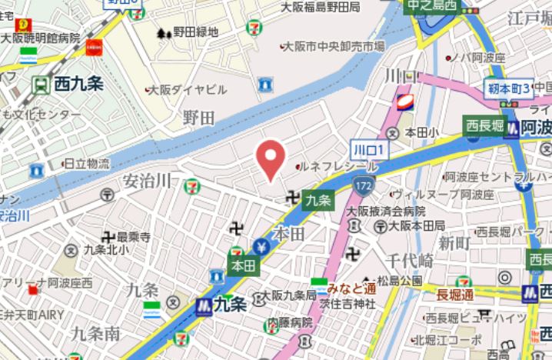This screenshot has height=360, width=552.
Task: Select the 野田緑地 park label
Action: tap(194, 32)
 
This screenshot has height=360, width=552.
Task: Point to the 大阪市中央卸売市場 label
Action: tap(332, 47)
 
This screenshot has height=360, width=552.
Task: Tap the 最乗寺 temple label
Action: tap(132, 237)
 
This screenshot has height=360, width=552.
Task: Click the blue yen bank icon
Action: tap(261, 248)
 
